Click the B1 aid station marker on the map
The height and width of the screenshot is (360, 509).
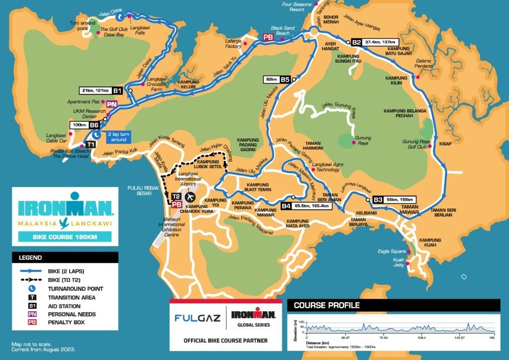click(117, 90)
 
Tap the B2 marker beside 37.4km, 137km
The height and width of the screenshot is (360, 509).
click(356, 42)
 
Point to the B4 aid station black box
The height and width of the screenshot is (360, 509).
click(286, 205)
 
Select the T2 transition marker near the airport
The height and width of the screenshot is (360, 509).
click(176, 196)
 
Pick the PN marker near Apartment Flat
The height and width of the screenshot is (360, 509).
click(112, 104)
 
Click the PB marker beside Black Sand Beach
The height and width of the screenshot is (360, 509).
click(268, 37)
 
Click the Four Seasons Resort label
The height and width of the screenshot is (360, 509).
click(297, 7)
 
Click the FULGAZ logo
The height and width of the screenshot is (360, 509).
click(197, 317)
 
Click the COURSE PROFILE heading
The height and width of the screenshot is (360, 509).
click(327, 305)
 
